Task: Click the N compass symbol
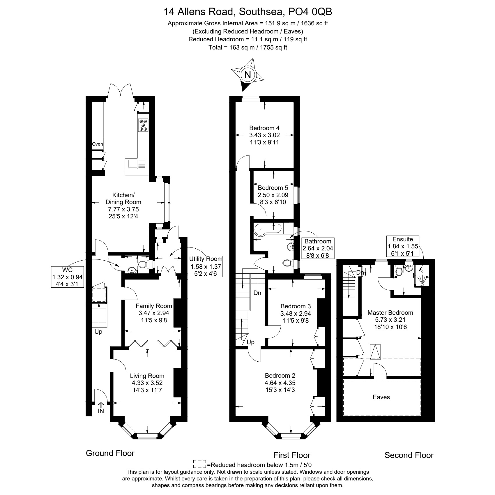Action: pos(248,75)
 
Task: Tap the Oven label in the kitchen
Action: pos(98,144)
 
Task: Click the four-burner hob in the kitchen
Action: pos(143,125)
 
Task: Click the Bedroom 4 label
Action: pos(264,135)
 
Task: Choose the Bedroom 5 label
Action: pos(273,195)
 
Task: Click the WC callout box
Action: pos(67,277)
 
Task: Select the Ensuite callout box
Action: pos(403,246)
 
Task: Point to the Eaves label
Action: pos(381,397)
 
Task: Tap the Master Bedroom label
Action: pos(390,320)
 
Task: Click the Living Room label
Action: pos(147,383)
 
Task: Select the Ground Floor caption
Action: pos(110,453)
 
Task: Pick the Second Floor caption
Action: pos(409,455)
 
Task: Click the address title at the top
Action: pos(248,12)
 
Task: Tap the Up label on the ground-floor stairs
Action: pos(98,332)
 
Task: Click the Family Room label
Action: pos(154,313)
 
